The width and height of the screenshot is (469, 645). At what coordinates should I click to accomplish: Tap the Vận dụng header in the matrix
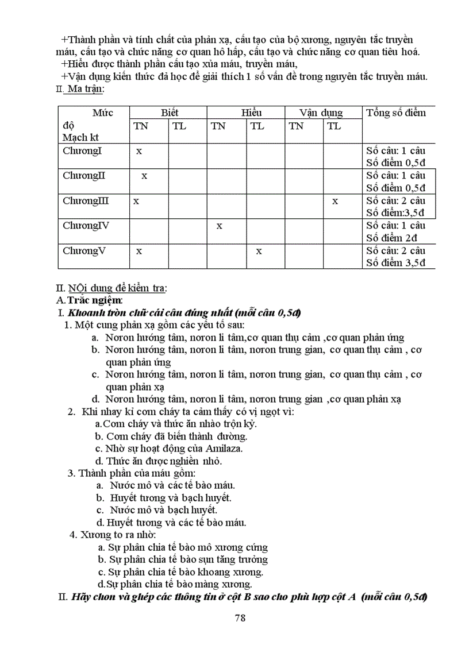(321, 113)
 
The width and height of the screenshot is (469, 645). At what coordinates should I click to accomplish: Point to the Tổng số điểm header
(396, 113)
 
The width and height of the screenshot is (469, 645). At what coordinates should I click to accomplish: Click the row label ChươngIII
(86, 201)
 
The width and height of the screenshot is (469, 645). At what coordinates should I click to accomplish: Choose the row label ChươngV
(84, 251)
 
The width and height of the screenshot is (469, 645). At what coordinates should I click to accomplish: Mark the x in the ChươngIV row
(219, 226)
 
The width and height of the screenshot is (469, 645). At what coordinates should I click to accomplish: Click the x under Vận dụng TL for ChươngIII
(335, 201)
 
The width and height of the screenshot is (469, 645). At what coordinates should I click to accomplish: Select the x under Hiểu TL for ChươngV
(259, 251)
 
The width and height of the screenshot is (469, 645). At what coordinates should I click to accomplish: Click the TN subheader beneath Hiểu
(218, 126)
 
